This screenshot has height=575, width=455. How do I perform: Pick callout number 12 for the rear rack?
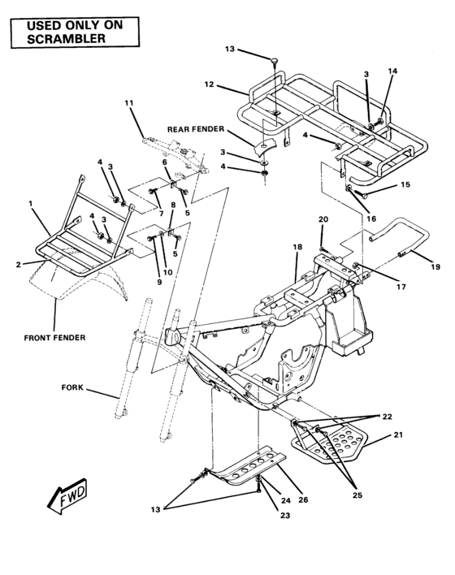pyautogui.click(x=209, y=84)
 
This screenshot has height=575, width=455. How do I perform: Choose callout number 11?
pyautogui.click(x=129, y=102)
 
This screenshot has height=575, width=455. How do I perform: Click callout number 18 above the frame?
pyautogui.click(x=297, y=246)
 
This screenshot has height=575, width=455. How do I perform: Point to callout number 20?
pyautogui.click(x=323, y=219)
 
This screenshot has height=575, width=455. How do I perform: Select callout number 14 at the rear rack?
pyautogui.click(x=392, y=71)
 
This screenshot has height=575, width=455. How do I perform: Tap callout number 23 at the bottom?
pyautogui.click(x=285, y=515)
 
